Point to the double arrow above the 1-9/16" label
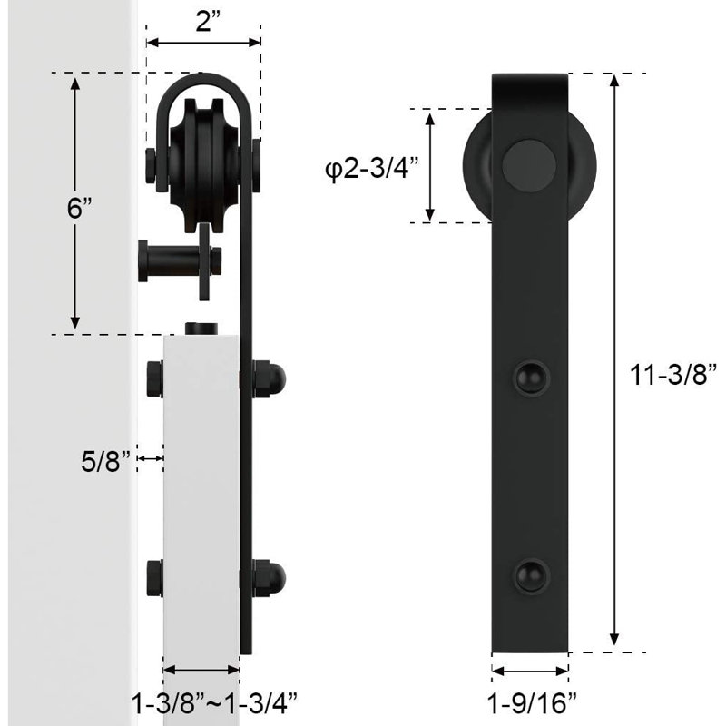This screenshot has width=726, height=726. point(530,673)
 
